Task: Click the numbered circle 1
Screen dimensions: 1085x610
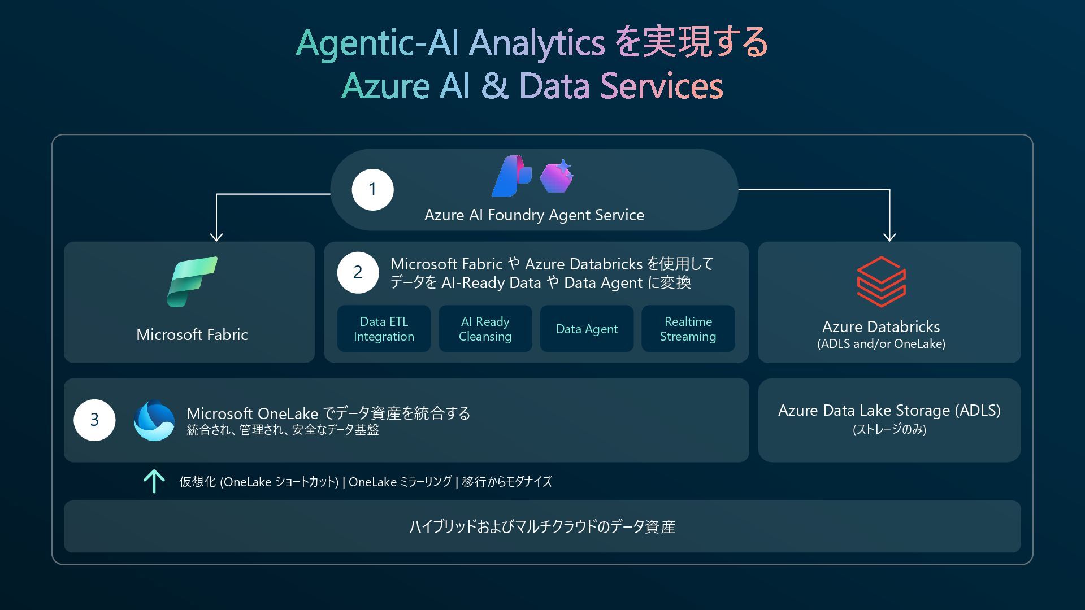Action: pos(372,190)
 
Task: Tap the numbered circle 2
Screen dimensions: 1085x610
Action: pos(358,273)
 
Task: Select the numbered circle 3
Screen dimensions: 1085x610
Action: pos(94,420)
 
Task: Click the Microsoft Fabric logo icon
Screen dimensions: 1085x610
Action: pos(192,281)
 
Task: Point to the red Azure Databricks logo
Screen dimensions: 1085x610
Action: pos(881,281)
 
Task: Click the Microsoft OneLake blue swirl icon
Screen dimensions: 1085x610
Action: pos(154,420)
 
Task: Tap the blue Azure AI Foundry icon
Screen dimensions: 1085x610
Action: pos(511,176)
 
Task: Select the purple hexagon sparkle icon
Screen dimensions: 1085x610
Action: pos(557,176)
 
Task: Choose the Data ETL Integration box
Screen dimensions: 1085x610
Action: pos(384,329)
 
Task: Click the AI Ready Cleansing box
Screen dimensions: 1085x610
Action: pos(485,329)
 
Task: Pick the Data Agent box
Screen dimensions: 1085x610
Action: pos(587,329)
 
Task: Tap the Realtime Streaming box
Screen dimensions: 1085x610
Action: pos(688,329)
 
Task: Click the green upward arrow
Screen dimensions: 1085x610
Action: pos(154,481)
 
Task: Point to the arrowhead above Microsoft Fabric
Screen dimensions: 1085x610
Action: pos(216,236)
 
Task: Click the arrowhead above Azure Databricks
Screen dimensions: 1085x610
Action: pos(889,236)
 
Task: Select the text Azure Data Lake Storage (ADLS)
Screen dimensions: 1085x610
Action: pos(889,411)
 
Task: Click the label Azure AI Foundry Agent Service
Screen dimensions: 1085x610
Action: pos(534,215)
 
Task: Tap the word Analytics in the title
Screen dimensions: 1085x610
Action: pos(537,43)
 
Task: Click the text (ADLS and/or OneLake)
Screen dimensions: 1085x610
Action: pos(881,344)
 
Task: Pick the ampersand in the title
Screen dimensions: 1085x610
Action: pos(494,86)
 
